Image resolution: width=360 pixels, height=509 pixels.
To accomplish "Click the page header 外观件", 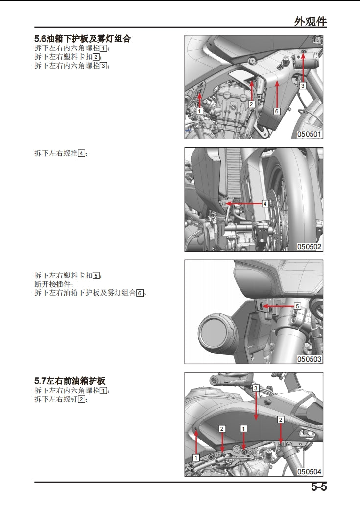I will pyautogui.click(x=310, y=22).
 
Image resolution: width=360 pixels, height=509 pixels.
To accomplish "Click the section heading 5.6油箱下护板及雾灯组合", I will pyautogui.click(x=82, y=39).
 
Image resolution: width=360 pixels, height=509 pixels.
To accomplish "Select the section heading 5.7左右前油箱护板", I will pyautogui.click(x=70, y=380).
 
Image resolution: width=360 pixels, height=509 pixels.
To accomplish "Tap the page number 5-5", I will pyautogui.click(x=318, y=487).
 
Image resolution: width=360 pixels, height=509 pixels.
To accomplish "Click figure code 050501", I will pyautogui.click(x=309, y=134).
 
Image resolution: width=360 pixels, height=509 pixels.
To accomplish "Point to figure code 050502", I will pyautogui.click(x=309, y=247).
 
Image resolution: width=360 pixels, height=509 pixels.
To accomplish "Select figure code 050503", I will pyautogui.click(x=309, y=359).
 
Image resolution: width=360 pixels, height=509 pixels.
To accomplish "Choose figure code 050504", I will pyautogui.click(x=309, y=472).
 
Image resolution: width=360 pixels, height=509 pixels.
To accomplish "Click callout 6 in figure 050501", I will pyautogui.click(x=276, y=111).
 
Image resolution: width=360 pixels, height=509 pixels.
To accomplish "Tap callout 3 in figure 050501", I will pyautogui.click(x=303, y=85).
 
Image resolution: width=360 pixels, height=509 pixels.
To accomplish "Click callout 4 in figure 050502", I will pyautogui.click(x=265, y=203).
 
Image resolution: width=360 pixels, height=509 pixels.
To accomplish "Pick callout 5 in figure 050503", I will pyautogui.click(x=297, y=306).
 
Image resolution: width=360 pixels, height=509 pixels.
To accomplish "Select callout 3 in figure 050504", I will pyautogui.click(x=256, y=388).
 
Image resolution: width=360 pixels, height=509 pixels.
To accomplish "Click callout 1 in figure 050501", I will pyautogui.click(x=199, y=111).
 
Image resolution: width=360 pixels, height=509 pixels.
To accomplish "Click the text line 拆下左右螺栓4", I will pyautogui.click(x=61, y=153).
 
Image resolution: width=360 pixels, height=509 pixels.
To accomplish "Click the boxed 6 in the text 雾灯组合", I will pyautogui.click(x=140, y=293).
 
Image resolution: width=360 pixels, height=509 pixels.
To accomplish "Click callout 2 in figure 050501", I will pyautogui.click(x=251, y=104).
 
